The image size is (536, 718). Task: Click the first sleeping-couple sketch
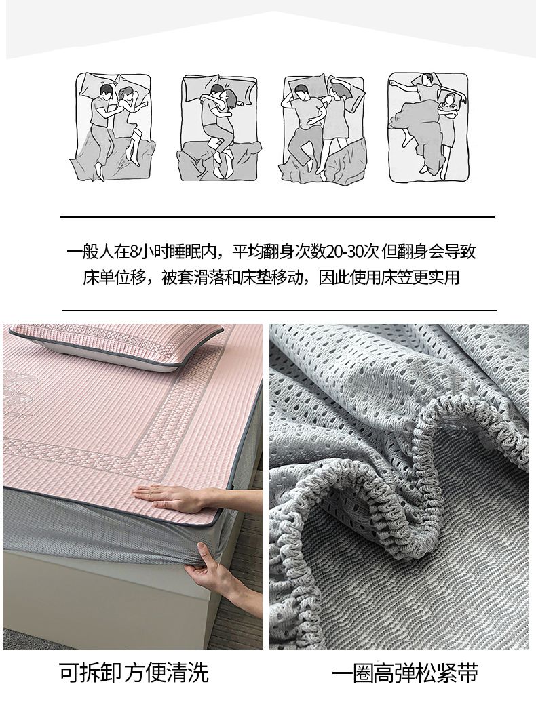pyautogui.click(x=113, y=126)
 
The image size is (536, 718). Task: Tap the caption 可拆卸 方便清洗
pyautogui.click(x=134, y=672)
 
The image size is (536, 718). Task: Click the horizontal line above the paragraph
pyautogui.click(x=278, y=216)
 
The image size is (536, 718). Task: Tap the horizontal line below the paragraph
pyautogui.click(x=279, y=310)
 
